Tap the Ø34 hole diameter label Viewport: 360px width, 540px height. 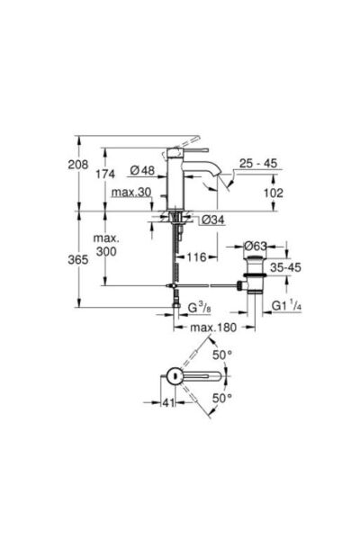pyautogui.click(x=202, y=220)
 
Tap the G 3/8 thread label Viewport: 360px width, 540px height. pyautogui.click(x=199, y=308)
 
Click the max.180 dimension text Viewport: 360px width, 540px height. pyautogui.click(x=214, y=328)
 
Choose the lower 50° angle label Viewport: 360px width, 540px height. pyautogui.click(x=222, y=397)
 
